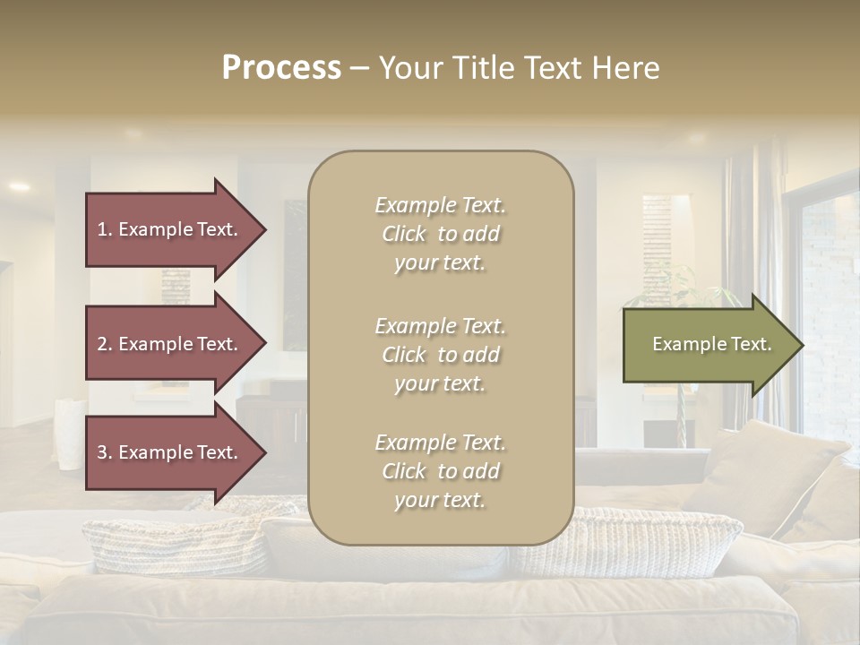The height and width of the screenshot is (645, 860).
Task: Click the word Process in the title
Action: pos(281,68)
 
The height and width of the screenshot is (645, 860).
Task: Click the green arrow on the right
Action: pos(708,345)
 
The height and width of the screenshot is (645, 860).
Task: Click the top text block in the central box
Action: pos(440,234)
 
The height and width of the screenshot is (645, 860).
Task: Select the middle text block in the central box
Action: pos(440,354)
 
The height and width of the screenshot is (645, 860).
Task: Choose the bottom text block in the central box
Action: pos(440,471)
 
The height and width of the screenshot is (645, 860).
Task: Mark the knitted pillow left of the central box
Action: pos(179,542)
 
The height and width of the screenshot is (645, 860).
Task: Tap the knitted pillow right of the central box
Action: pos(645,542)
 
